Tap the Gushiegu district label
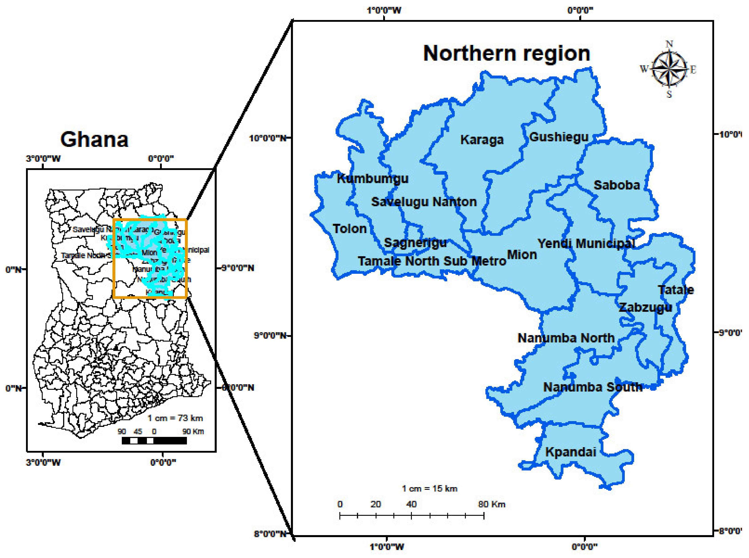[559, 137]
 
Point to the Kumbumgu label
[373, 178]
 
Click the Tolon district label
[349, 229]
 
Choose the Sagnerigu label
[415, 242]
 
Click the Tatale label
[676, 290]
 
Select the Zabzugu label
[645, 307]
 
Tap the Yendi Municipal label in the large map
[586, 243]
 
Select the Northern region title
[507, 53]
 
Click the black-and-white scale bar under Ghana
[154, 440]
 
